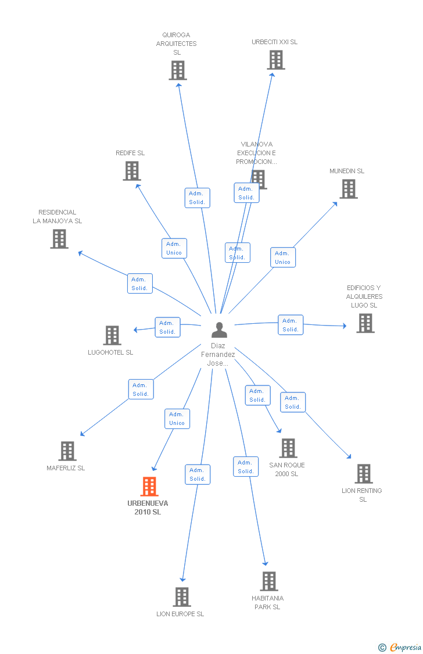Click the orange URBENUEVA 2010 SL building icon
[149, 487]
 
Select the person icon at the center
[219, 330]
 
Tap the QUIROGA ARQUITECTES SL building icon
[178, 70]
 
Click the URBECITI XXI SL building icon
[277, 60]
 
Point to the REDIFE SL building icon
[132, 170]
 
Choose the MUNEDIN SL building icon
[349, 189]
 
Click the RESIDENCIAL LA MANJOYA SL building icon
[60, 238]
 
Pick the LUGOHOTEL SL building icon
[113, 335]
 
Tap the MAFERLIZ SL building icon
[67, 451]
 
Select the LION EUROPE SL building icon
[182, 597]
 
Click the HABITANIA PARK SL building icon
[269, 581]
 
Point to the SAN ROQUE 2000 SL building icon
[288, 448]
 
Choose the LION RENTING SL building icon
[364, 474]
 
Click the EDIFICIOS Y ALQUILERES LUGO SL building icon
[366, 323]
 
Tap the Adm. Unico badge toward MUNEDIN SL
[283, 258]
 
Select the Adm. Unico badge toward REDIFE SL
[174, 248]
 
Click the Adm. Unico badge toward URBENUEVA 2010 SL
[177, 419]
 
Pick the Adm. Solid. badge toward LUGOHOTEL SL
[167, 327]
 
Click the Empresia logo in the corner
[400, 647]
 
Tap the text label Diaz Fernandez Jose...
[218, 355]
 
